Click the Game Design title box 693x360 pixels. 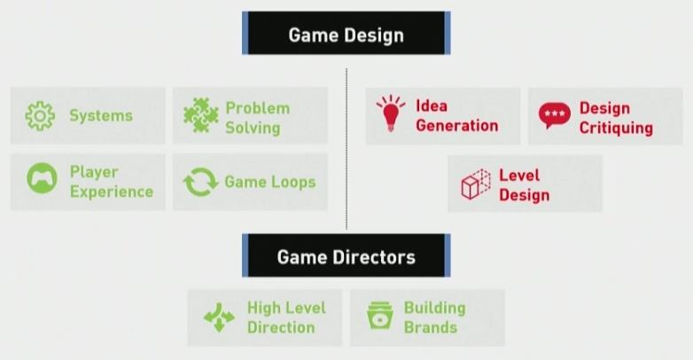point(346,33)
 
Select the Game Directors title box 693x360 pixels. point(346,255)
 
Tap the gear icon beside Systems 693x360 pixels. point(40,116)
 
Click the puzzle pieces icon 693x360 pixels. point(201,115)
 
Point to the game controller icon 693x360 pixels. point(42,178)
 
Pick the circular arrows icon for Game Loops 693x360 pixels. point(200,182)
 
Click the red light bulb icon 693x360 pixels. point(391,113)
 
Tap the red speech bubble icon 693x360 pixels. point(555,115)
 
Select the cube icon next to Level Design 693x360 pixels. point(476,184)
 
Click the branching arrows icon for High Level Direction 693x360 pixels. point(219,317)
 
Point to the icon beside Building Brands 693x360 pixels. point(380,316)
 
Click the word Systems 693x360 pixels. point(101,116)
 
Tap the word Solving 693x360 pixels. point(253,129)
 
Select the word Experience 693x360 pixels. point(112,192)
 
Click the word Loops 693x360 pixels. point(294,182)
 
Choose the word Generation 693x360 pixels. point(457,126)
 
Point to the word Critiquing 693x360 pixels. point(616,129)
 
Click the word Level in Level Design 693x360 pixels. point(519,176)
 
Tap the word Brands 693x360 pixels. point(431,328)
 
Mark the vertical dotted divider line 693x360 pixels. point(346,149)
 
